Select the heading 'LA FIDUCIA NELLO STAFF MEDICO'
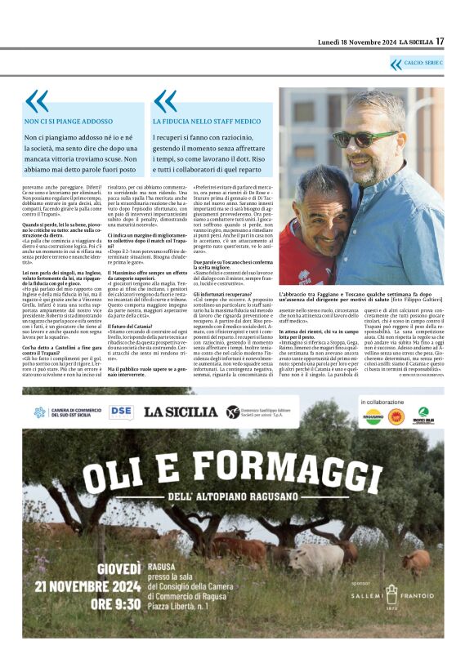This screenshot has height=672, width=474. (x=205, y=121)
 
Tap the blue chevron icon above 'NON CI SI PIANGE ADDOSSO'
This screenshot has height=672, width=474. (x=36, y=101)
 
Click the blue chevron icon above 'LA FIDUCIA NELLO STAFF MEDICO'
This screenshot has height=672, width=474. (x=164, y=101)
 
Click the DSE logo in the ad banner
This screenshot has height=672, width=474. (x=121, y=412)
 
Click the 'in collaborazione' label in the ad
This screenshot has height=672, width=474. (x=382, y=403)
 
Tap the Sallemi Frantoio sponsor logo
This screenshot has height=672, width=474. (x=393, y=595)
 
